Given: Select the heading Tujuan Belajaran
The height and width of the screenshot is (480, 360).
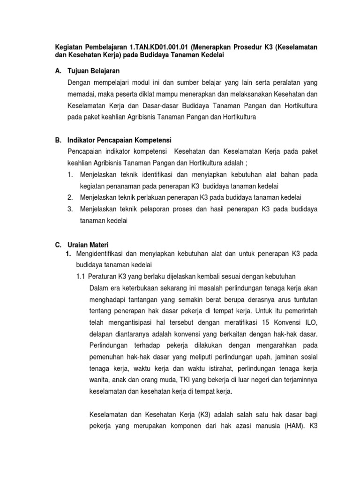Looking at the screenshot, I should (x=94, y=71).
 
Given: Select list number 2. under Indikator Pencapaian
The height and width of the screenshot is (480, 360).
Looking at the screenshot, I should (x=70, y=197).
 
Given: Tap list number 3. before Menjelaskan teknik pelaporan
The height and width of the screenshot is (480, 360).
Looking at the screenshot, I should (x=70, y=209).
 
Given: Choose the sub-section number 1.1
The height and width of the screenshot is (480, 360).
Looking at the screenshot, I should (x=81, y=276).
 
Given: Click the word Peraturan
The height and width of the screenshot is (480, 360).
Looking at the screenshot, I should (x=103, y=276).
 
